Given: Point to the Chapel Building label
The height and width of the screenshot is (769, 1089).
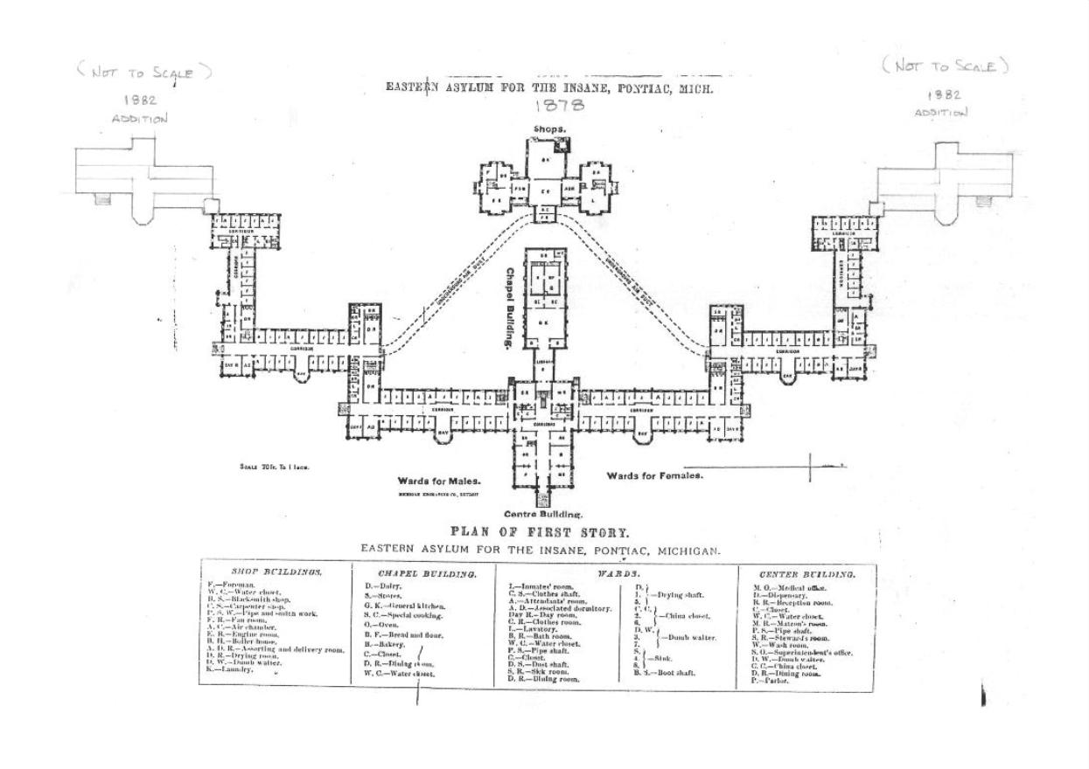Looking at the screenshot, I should tap(506, 309).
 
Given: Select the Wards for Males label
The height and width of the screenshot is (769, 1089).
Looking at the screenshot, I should tap(439, 481).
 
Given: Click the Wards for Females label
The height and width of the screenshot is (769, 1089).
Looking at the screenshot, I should tap(655, 476).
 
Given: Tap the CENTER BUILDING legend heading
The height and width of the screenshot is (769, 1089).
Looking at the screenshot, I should tap(806, 574).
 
